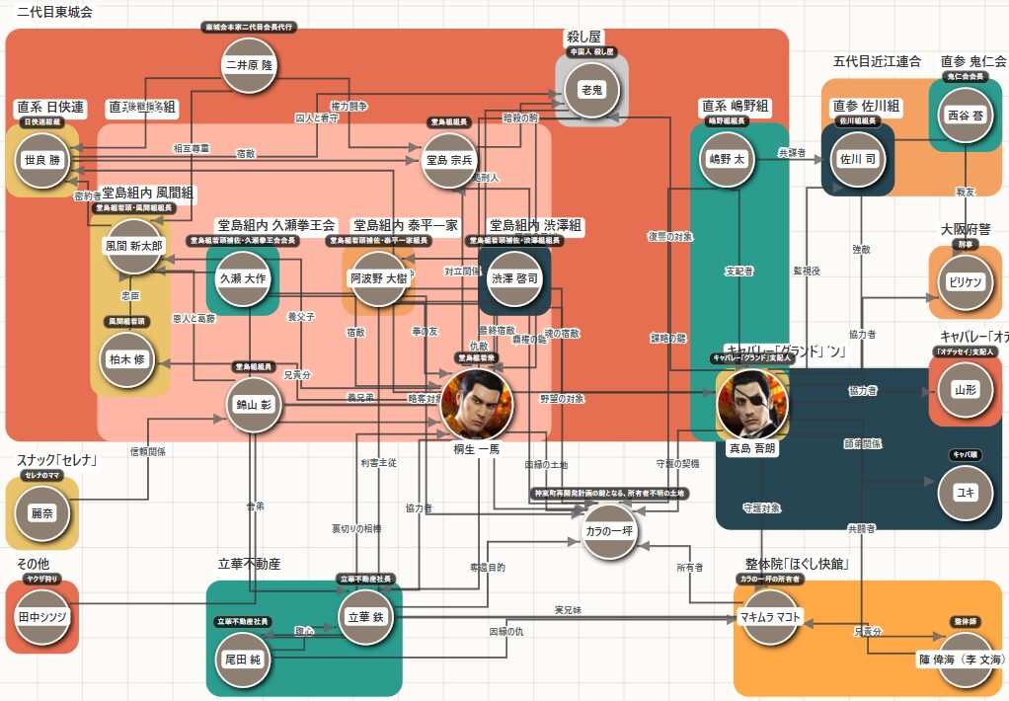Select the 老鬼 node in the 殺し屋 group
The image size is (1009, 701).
[591, 90]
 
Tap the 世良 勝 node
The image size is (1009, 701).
[41, 161]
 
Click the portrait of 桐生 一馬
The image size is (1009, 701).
[477, 406]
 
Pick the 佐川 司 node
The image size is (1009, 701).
[858, 158]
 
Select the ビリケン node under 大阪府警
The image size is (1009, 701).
[965, 281]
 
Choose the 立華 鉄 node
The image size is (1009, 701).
[368, 616]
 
